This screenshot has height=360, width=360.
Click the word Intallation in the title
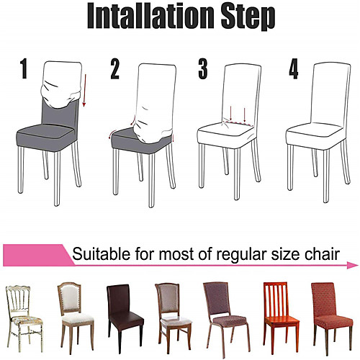150,17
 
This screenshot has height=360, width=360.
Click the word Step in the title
248,17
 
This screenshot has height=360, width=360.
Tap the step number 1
24,68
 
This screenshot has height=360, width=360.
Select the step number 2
114,69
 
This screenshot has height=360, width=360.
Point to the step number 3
203,69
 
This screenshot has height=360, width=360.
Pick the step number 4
294,69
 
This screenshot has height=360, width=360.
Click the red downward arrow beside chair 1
84,90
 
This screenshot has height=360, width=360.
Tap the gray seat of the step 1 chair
45,138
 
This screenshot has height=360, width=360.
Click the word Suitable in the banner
102,254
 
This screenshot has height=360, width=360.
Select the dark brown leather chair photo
125,318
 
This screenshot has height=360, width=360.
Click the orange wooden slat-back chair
281,318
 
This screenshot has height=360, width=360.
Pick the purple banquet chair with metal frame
226,319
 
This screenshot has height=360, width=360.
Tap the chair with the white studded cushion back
76,318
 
